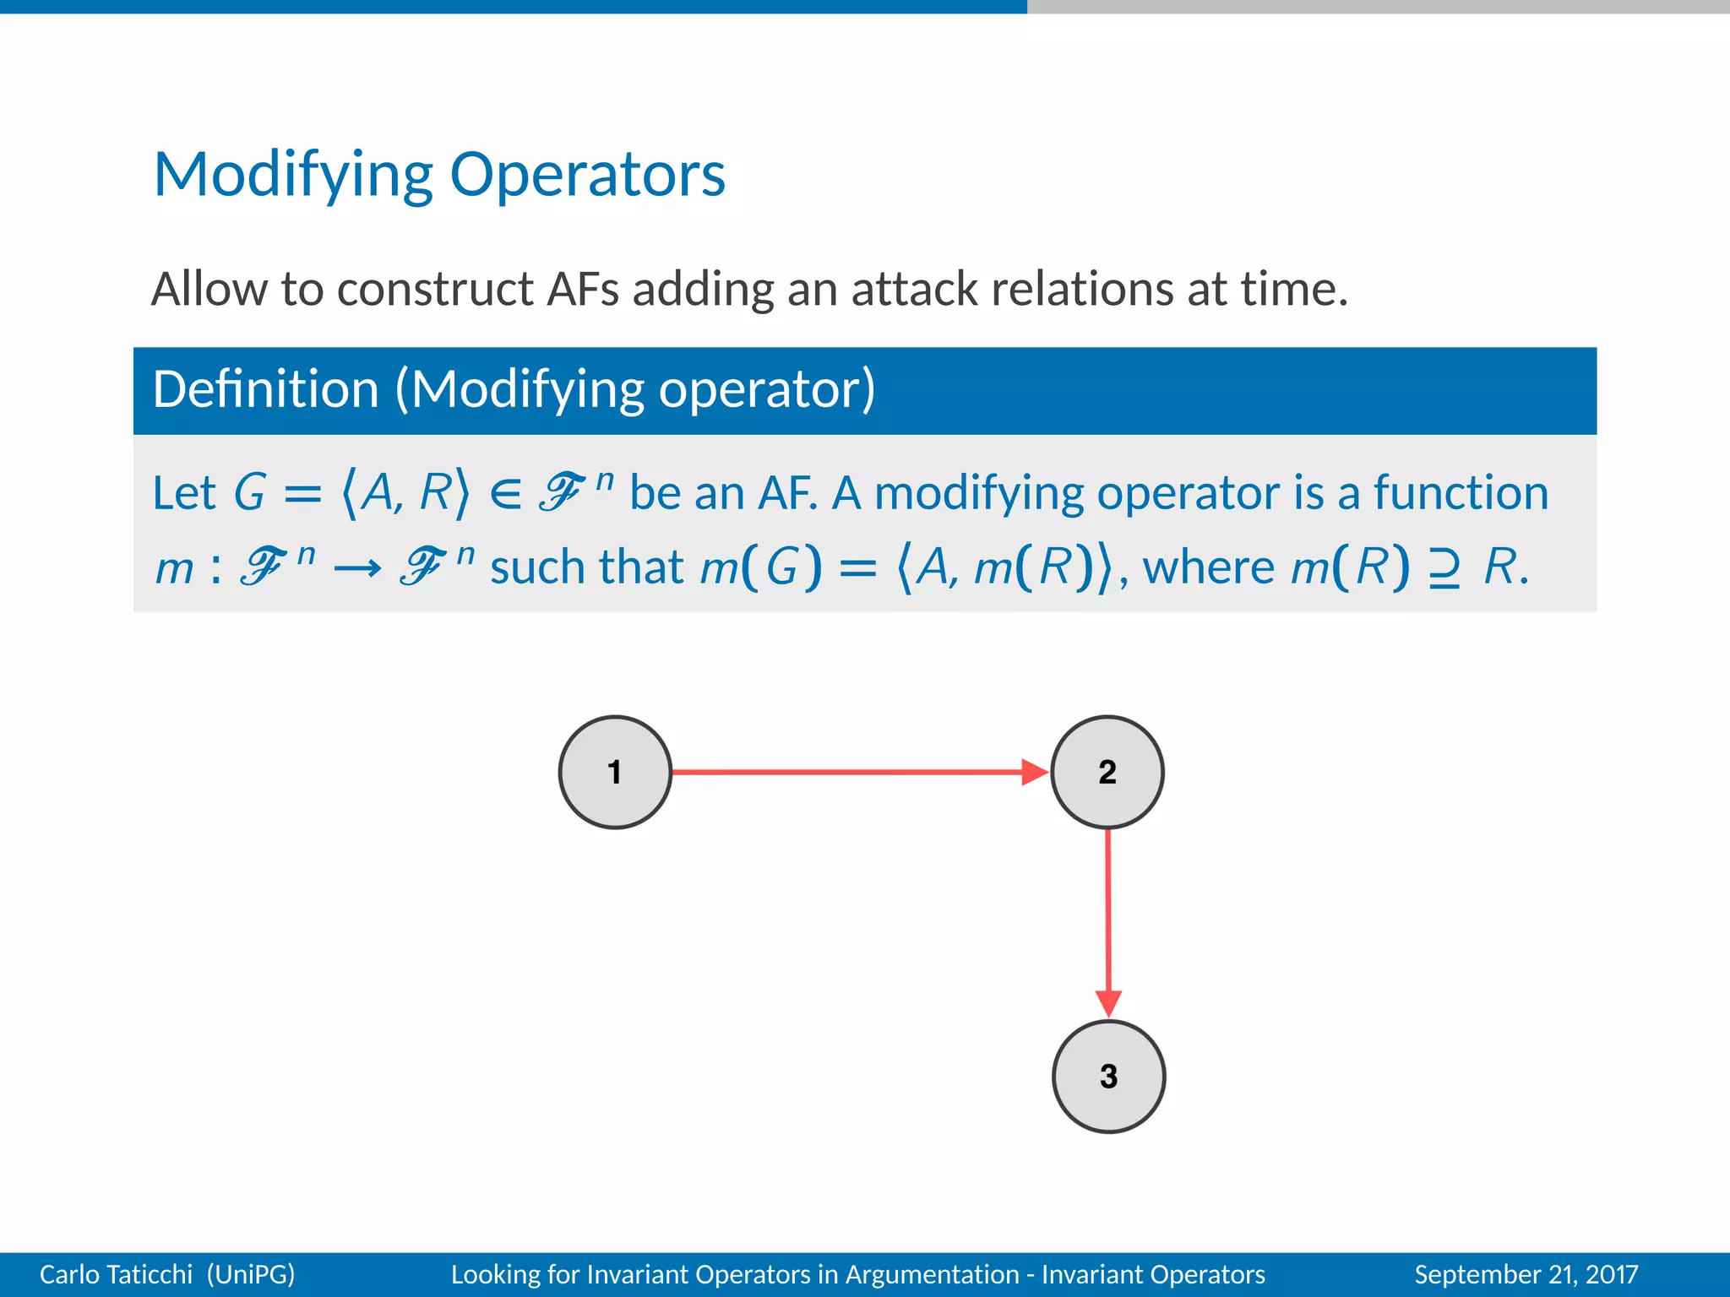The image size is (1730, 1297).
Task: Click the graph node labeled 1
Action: coord(615,772)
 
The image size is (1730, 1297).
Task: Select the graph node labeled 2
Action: coord(1107,772)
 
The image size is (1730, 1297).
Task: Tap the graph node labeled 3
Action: coord(1108,1076)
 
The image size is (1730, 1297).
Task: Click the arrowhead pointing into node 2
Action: coord(1034,772)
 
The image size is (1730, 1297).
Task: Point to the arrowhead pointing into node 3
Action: coord(1108,1003)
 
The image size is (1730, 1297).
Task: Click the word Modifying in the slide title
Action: coord(293,176)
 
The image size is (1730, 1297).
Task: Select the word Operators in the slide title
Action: coord(587,176)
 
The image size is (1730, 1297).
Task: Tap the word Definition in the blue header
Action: coord(265,390)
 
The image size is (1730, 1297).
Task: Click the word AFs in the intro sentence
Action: coord(583,289)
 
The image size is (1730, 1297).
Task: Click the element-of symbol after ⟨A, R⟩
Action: coord(505,493)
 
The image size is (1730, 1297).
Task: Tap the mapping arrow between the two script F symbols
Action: coord(357,568)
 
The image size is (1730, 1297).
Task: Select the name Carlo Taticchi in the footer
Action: coord(116,1274)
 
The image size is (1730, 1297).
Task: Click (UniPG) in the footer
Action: coord(251,1274)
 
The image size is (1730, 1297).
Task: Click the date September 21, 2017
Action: coord(1526,1274)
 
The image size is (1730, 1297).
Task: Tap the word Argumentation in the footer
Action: coord(932,1274)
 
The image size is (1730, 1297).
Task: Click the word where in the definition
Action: coord(1208,567)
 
